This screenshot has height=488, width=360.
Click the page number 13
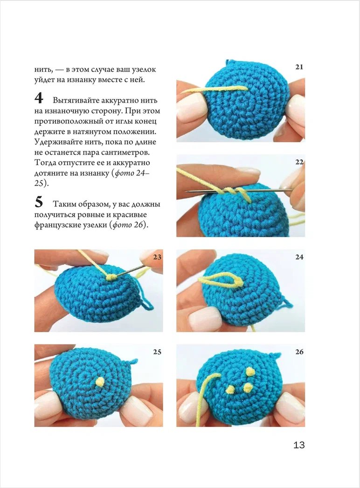[299, 445]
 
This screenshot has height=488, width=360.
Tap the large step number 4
[39, 98]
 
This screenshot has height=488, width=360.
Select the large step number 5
[39, 202]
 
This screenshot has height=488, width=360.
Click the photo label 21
[299, 67]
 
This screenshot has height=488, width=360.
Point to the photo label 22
[299, 162]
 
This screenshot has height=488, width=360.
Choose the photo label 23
[157, 257]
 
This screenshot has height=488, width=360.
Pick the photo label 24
[299, 257]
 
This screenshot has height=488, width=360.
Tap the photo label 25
[157, 352]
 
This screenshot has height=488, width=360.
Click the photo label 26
[299, 352]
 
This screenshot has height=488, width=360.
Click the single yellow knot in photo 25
[100, 382]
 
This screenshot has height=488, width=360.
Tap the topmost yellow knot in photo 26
[250, 371]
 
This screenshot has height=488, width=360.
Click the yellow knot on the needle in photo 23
[111, 277]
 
